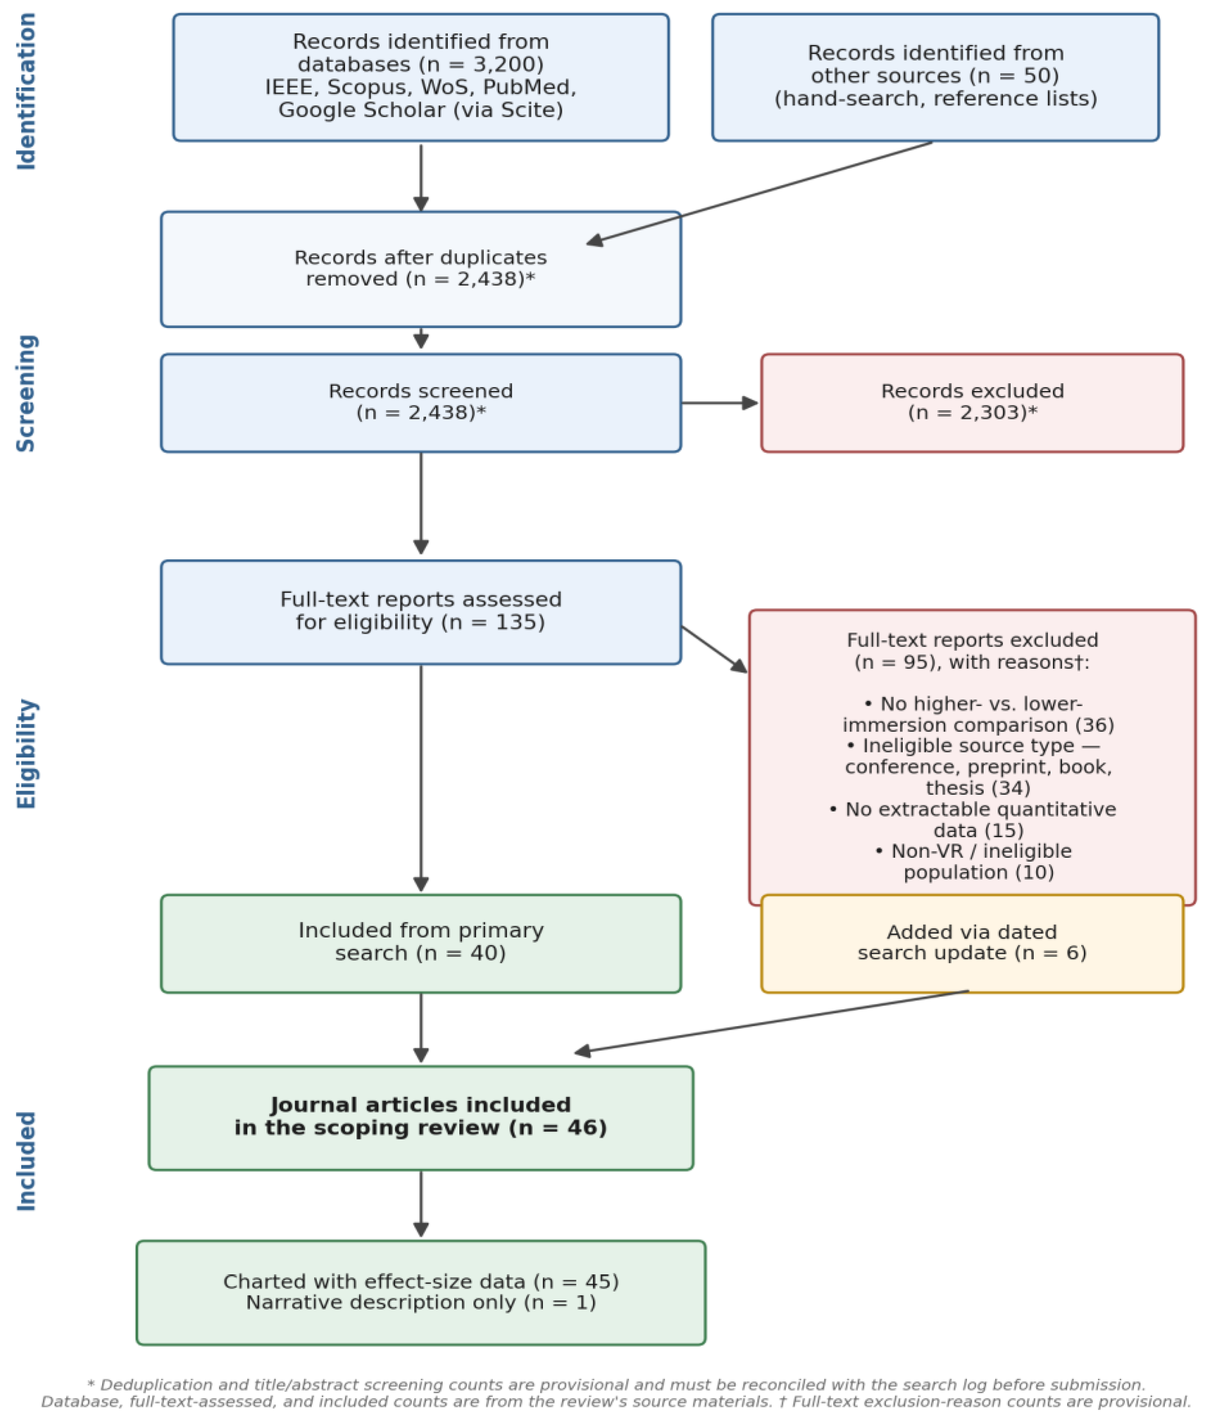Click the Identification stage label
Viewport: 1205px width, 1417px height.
tap(26, 91)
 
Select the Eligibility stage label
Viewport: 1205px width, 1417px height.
tap(26, 754)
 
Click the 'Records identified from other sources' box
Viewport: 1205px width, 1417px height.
tap(935, 77)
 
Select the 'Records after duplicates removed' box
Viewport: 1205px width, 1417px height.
tap(421, 269)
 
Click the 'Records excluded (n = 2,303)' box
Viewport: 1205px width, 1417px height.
tap(972, 403)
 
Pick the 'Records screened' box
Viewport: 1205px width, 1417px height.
tap(421, 403)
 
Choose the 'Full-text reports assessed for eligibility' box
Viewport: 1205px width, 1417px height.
tap(421, 612)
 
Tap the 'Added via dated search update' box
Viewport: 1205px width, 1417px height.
tap(972, 943)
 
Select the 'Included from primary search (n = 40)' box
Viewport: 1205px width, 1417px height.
tap(421, 943)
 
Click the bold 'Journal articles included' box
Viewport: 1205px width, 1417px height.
tap(421, 1118)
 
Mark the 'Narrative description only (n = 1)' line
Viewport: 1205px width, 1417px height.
tap(421, 1302)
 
